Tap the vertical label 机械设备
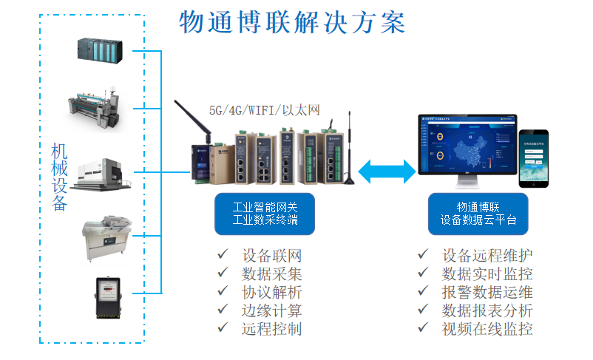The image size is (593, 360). click(59, 177)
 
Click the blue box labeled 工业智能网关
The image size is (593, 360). click(265, 213)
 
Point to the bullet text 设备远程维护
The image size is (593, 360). click(487, 255)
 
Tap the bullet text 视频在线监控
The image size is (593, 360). click(487, 329)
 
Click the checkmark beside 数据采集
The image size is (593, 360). click(223, 274)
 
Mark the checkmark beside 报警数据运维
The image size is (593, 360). click(423, 291)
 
